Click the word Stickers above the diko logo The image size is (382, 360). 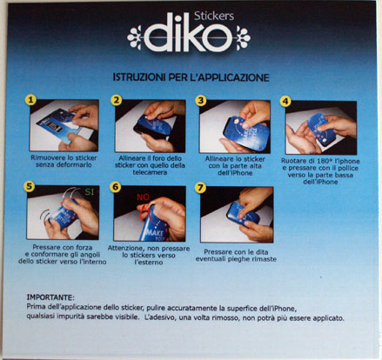214,17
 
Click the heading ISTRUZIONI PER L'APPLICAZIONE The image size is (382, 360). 191,77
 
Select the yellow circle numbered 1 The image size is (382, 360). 30,99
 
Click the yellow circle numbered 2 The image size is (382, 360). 117,100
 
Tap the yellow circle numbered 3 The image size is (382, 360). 201,100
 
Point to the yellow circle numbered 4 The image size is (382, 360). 285,101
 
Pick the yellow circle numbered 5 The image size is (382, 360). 29,186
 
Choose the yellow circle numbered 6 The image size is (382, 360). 116,187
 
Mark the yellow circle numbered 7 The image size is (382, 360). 200,188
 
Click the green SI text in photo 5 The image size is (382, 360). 90,192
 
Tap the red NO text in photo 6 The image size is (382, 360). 143,197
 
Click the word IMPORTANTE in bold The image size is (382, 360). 50,297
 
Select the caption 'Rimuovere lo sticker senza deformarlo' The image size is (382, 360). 64,162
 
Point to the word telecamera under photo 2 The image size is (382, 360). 150,172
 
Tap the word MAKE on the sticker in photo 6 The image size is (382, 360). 155,231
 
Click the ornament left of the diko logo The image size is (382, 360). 135,37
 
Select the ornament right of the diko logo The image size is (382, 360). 243,38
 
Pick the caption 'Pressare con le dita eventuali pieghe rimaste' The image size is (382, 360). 236,256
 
